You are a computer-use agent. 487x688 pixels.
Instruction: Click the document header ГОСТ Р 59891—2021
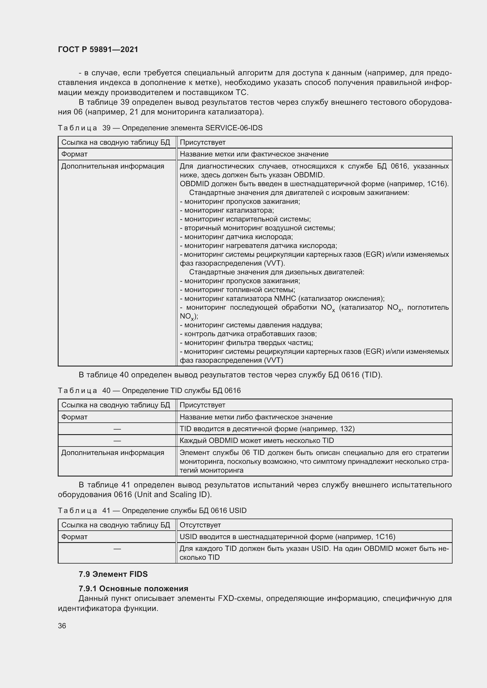click(98, 49)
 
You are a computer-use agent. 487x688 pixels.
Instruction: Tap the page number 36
click(62, 626)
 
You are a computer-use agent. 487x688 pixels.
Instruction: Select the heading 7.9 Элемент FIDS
click(113, 574)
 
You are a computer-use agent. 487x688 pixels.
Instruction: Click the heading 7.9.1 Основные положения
click(133, 589)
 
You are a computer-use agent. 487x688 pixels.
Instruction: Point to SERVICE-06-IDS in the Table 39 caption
click(233, 128)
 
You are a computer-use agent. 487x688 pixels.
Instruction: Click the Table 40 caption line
click(149, 391)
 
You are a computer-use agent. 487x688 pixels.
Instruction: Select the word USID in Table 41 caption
click(238, 511)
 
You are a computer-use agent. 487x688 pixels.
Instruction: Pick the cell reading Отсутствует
click(200, 525)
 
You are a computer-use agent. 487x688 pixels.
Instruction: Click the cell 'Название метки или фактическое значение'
click(254, 154)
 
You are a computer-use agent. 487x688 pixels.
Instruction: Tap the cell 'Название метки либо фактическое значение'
click(256, 417)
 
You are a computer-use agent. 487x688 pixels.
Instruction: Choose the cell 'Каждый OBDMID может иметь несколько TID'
click(257, 441)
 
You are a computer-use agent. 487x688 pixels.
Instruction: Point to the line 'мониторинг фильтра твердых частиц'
click(248, 343)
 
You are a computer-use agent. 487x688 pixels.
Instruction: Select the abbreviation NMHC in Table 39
click(285, 299)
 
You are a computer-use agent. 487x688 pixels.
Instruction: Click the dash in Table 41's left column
click(117, 549)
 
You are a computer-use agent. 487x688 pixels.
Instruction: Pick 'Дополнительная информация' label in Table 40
click(113, 453)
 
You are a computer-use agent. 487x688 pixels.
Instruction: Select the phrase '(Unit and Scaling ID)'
click(173, 494)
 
